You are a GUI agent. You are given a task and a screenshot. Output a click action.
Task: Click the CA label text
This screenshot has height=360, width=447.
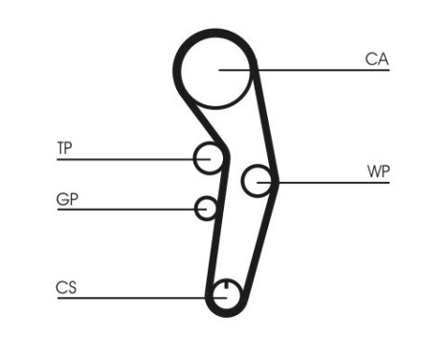pos(376,59)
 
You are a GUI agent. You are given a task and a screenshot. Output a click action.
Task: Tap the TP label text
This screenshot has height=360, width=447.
pos(64,148)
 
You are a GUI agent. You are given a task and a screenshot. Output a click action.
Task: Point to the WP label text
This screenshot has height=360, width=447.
pos(378,172)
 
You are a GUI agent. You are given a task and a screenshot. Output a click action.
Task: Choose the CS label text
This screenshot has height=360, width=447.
pos(66,287)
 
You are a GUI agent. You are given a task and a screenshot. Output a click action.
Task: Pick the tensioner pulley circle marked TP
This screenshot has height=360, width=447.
pos(208,158)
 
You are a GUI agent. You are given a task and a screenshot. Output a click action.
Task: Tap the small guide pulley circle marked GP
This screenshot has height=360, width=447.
pos(206,208)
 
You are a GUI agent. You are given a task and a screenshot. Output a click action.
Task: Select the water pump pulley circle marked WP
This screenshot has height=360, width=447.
pos(257,180)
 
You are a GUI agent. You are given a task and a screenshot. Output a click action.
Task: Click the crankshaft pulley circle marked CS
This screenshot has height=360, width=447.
pos(224,295)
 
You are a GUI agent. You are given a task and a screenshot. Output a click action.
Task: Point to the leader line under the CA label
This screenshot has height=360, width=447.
pos(316,70)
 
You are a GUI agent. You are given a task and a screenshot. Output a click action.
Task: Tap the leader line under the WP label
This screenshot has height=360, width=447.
pos(335,182)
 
